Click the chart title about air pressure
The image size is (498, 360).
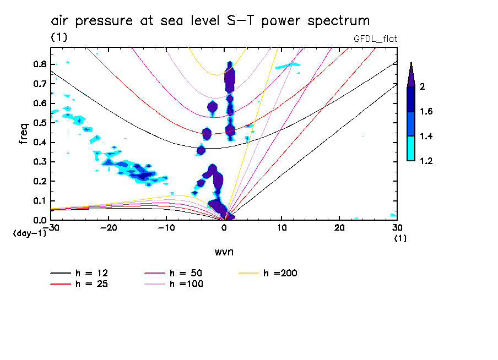click(210, 21)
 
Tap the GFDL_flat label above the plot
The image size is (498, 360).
click(375, 39)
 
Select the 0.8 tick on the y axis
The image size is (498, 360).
click(39, 64)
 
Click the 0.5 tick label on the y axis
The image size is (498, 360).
click(39, 123)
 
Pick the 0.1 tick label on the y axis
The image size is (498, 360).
click(39, 201)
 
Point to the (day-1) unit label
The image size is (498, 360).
click(29, 233)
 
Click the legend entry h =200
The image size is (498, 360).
click(280, 273)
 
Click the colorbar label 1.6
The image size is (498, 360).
click(425, 112)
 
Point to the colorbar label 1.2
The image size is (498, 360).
click(425, 161)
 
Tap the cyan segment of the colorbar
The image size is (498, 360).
click(411, 148)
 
